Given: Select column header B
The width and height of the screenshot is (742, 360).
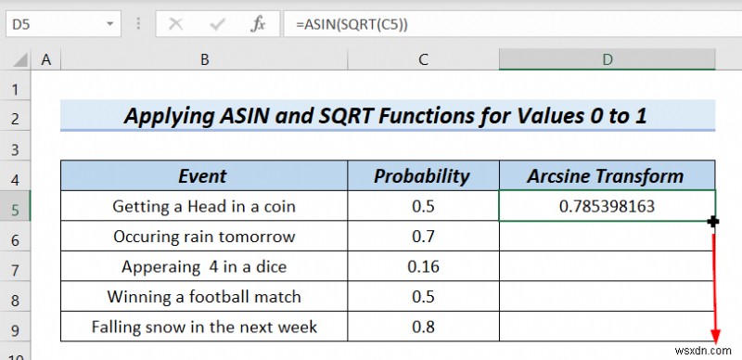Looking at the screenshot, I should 204,60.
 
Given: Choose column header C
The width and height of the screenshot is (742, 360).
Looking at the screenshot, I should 423,60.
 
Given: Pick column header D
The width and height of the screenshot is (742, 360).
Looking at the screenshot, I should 607,60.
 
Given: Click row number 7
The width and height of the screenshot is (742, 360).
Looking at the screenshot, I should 14,267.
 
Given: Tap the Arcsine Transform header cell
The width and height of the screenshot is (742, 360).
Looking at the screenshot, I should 607,176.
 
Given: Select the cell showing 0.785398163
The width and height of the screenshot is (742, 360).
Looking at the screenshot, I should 607,206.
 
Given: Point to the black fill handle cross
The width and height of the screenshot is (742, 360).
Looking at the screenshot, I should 713,222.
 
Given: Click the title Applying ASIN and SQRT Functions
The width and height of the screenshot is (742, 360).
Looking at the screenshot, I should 388,118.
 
